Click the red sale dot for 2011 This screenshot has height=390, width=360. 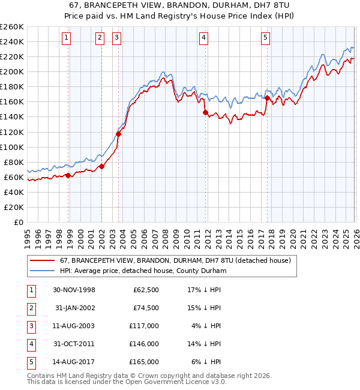[x=205, y=112]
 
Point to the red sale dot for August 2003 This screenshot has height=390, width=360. [x=118, y=134]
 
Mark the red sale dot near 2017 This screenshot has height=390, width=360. [x=267, y=98]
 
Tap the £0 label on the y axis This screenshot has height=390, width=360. [x=18, y=222]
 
